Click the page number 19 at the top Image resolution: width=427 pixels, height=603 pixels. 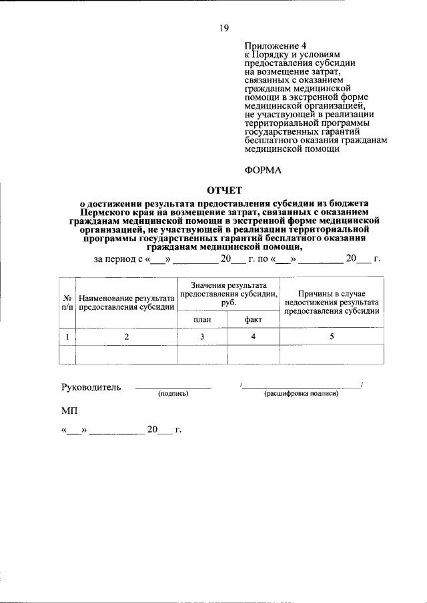pyautogui.click(x=224, y=27)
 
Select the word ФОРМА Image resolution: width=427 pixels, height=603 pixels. pyautogui.click(x=263, y=170)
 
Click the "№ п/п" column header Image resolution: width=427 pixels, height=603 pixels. pyautogui.click(x=67, y=302)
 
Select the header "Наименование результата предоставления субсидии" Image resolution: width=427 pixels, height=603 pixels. pyautogui.click(x=126, y=302)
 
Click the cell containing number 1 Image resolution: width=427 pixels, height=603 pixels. pyautogui.click(x=67, y=337)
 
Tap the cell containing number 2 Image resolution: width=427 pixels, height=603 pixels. pyautogui.click(x=126, y=337)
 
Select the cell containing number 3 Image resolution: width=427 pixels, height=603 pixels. pyautogui.click(x=202, y=337)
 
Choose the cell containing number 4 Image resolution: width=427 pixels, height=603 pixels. pyautogui.click(x=253, y=337)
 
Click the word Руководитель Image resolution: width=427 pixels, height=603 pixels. pyautogui.click(x=91, y=388)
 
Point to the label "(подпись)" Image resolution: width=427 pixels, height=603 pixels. pyautogui.click(x=173, y=394)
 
